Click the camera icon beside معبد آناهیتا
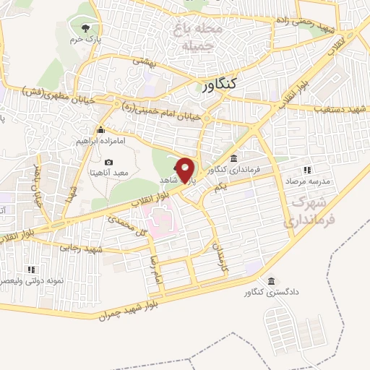108,162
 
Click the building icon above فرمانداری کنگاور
233,158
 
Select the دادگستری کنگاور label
270,293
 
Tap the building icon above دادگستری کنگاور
270,281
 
